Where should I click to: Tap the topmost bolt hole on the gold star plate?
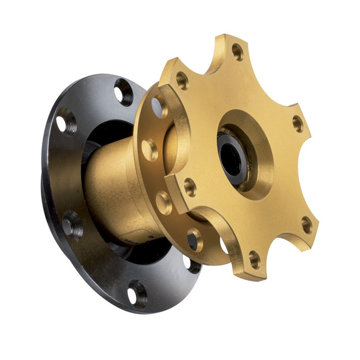pos(237,51)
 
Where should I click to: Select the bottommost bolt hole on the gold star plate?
pos(254,259)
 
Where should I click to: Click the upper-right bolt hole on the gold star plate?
pos(298,123)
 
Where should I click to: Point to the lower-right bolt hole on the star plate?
pos(307,224)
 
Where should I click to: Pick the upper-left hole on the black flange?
pos(66,121)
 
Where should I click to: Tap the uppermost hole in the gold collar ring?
pos(159,106)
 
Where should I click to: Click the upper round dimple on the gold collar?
pos(148,149)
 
